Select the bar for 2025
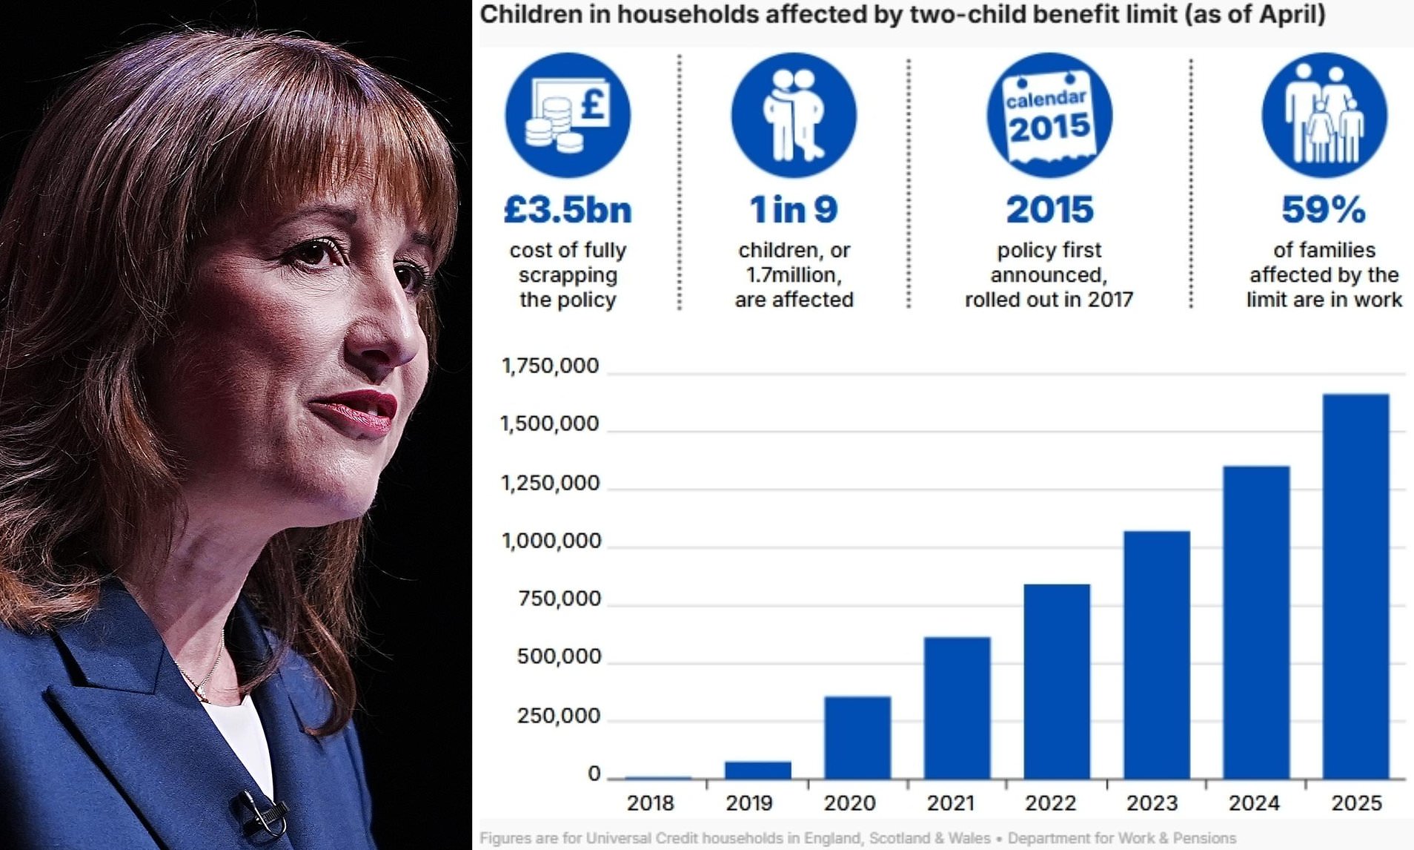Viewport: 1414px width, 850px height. click(x=1355, y=586)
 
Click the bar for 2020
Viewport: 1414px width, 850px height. click(x=857, y=737)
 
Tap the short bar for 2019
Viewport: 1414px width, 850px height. click(x=757, y=770)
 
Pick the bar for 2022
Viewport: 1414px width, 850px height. click(x=1057, y=681)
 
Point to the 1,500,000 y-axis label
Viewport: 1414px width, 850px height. click(x=549, y=424)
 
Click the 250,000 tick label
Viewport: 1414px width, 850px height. click(x=558, y=716)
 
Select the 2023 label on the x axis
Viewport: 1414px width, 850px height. click(x=1152, y=803)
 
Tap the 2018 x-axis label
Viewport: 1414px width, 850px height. click(x=650, y=803)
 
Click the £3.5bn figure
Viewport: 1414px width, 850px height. click(x=568, y=210)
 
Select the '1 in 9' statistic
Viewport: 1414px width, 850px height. click(x=794, y=210)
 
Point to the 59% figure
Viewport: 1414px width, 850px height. click(x=1324, y=210)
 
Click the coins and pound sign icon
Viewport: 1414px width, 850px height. click(x=568, y=115)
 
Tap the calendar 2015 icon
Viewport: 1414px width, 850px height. click(x=1049, y=115)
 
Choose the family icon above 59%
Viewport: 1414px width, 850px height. click(x=1324, y=115)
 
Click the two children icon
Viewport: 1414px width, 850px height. click(x=794, y=115)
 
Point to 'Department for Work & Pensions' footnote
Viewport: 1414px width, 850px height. click(x=1121, y=838)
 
